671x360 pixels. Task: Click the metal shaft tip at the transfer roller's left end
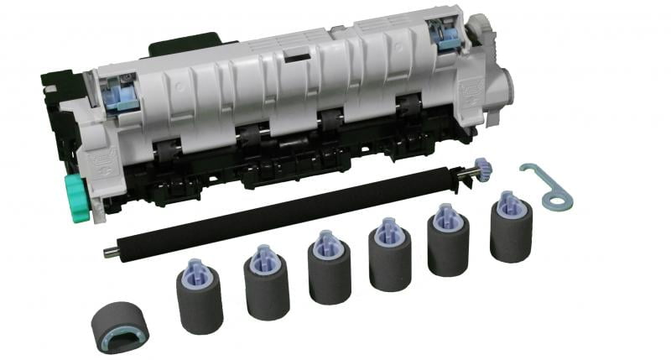pyautogui.click(x=110, y=251)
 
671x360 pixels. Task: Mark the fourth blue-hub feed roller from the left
pyautogui.click(x=389, y=255)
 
